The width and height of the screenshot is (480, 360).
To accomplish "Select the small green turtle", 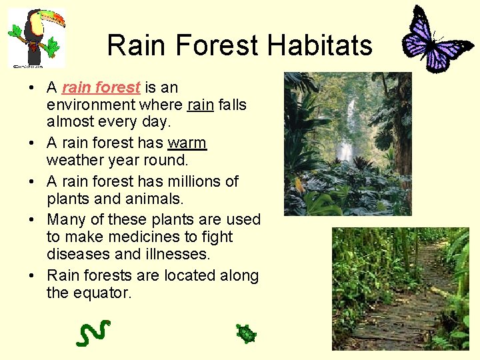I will [x=247, y=333].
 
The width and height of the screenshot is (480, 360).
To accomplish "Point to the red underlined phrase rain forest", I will [x=101, y=87].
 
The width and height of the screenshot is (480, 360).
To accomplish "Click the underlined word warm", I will [x=187, y=143].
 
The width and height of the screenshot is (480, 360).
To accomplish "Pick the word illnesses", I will [x=177, y=254].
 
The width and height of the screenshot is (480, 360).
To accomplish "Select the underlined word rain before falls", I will [x=200, y=105].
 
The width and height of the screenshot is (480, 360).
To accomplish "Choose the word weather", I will [x=74, y=161].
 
